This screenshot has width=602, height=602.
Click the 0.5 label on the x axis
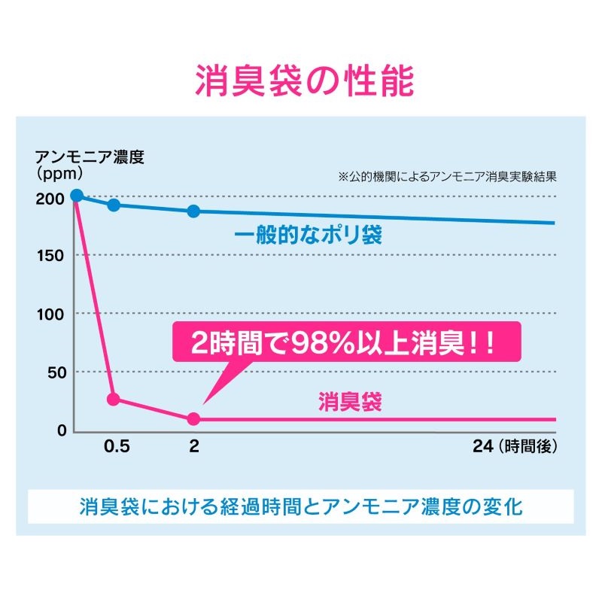[117, 446]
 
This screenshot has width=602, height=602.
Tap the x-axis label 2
[194, 446]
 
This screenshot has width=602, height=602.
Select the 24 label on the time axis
[482, 446]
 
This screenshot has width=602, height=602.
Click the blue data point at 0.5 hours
[114, 205]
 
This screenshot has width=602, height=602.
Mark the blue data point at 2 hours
[193, 211]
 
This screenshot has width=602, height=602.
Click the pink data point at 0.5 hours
[114, 399]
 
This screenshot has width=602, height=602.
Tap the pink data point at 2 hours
[193, 418]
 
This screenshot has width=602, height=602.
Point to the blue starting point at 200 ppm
[76, 196]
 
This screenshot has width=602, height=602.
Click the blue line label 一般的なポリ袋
[308, 236]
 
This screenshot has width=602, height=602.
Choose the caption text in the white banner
[300, 506]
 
